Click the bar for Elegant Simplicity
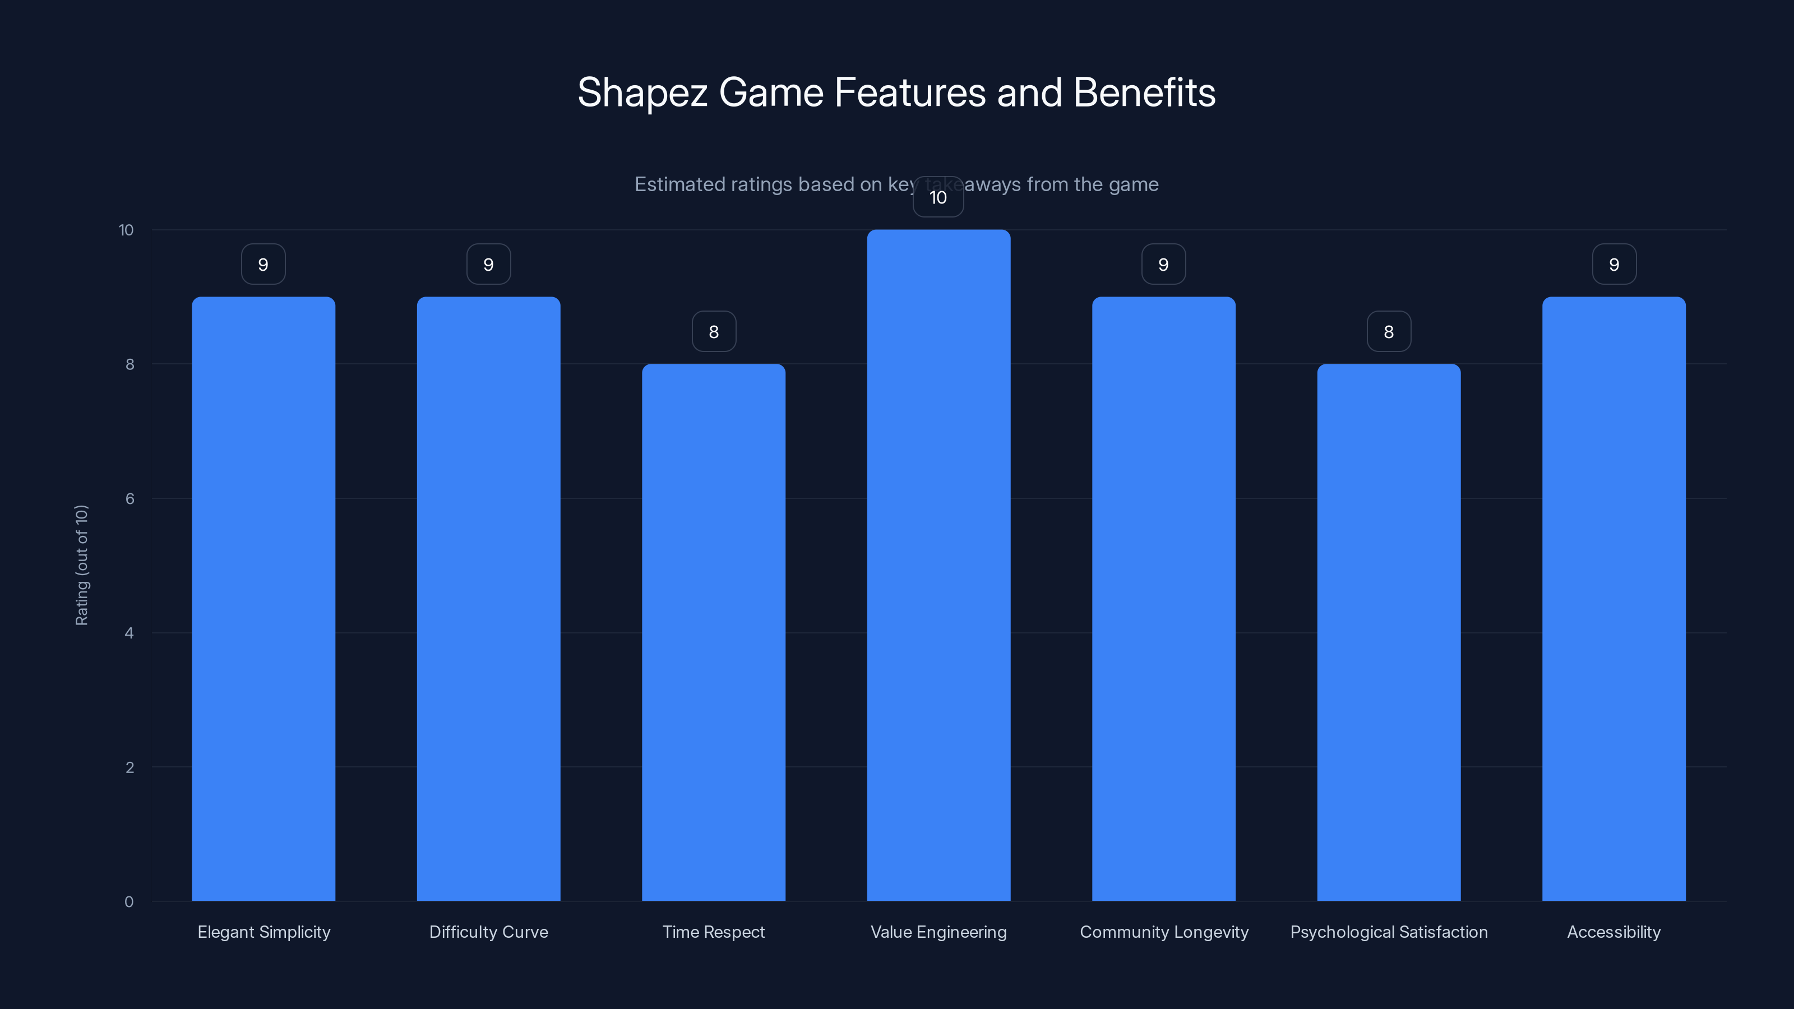(263, 599)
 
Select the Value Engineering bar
(938, 564)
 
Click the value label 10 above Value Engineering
(938, 197)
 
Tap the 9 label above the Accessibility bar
(1613, 264)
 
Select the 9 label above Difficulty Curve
(488, 264)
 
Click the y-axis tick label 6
(130, 498)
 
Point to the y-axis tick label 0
(129, 902)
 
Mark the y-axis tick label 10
(126, 230)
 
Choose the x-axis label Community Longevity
(1164, 932)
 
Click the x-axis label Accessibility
(1613, 932)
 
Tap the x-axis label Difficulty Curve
(488, 932)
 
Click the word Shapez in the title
(642, 92)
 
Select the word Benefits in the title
(1144, 92)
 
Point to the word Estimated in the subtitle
(679, 184)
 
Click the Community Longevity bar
(1163, 599)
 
